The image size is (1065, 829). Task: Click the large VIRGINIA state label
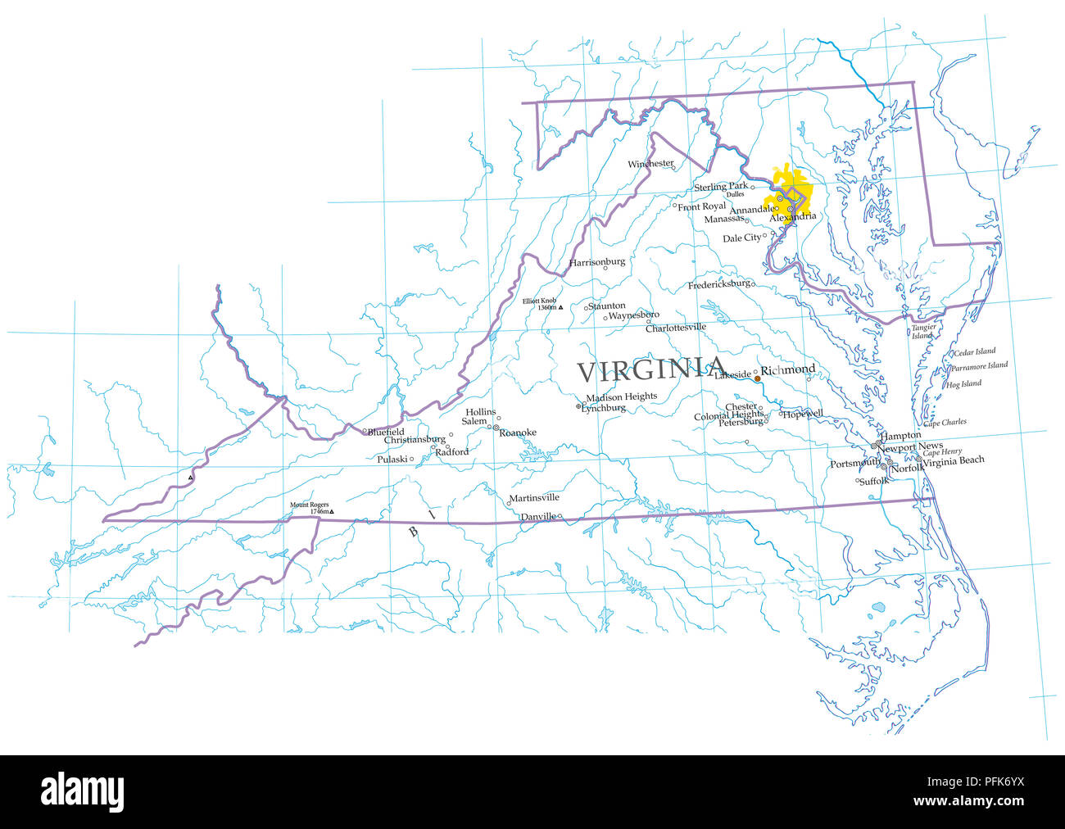[x=651, y=370]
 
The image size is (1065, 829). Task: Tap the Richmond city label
[x=788, y=369]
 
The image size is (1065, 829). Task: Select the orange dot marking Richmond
[x=757, y=378]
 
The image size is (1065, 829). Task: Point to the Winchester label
[x=650, y=164]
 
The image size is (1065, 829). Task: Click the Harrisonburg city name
[x=597, y=262]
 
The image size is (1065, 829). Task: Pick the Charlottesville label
[x=676, y=328]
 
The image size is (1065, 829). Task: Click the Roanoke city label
[x=518, y=433]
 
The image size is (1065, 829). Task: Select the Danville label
[x=538, y=517]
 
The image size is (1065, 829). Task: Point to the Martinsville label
[x=534, y=498]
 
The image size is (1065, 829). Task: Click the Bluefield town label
[x=386, y=432]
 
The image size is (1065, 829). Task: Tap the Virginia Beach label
[x=954, y=460]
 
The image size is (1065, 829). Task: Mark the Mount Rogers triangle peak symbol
[x=332, y=512]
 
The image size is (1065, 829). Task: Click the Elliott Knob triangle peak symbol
[x=560, y=307]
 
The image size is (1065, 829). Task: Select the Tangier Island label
[x=923, y=332]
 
